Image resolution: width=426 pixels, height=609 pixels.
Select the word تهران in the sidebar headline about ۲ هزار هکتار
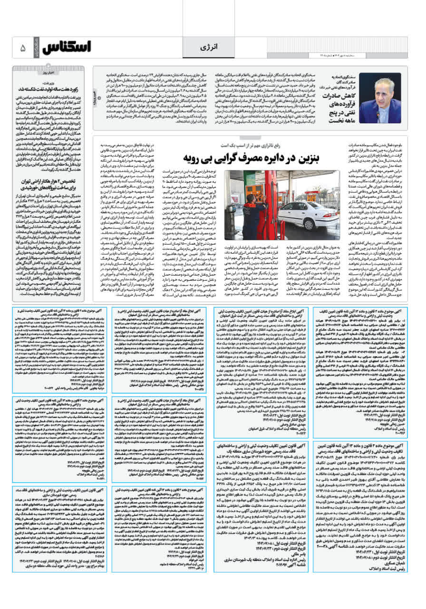coord(28,181)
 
